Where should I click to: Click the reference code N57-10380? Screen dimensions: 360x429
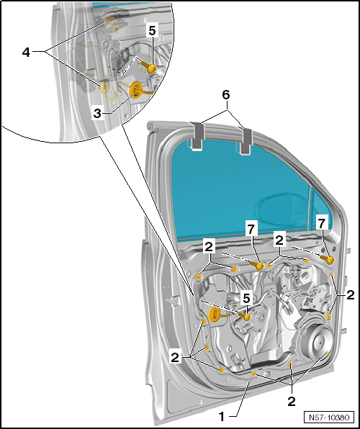329,417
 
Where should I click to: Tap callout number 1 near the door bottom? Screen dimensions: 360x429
222,417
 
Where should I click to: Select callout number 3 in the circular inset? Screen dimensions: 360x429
97,113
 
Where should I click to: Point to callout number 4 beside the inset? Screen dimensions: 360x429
26,52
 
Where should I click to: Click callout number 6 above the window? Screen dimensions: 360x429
226,95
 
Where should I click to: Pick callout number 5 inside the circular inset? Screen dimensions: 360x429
152,31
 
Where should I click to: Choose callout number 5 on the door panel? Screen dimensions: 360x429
246,298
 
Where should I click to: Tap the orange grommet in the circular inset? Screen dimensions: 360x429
135,89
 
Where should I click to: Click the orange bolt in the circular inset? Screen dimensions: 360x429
149,67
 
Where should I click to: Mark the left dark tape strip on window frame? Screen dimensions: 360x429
197,136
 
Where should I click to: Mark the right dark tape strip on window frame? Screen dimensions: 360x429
246,140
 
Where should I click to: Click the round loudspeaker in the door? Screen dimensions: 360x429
319,341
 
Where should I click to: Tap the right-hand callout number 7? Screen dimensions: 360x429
322,224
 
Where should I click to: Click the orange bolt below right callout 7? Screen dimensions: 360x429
328,259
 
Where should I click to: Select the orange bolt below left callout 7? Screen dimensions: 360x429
256,265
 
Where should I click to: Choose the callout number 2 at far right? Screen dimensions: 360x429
350,295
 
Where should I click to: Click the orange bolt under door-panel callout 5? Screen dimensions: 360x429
244,316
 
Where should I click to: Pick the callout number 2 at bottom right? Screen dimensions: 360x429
292,402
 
